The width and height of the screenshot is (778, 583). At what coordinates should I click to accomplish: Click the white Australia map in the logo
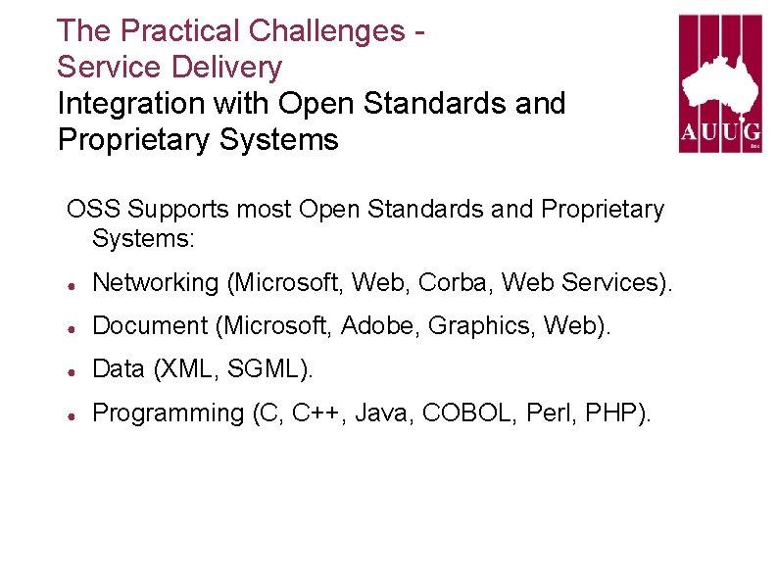[720, 77]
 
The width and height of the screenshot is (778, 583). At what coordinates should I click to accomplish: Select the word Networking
[155, 283]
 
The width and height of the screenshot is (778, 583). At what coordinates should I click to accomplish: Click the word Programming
[168, 414]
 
